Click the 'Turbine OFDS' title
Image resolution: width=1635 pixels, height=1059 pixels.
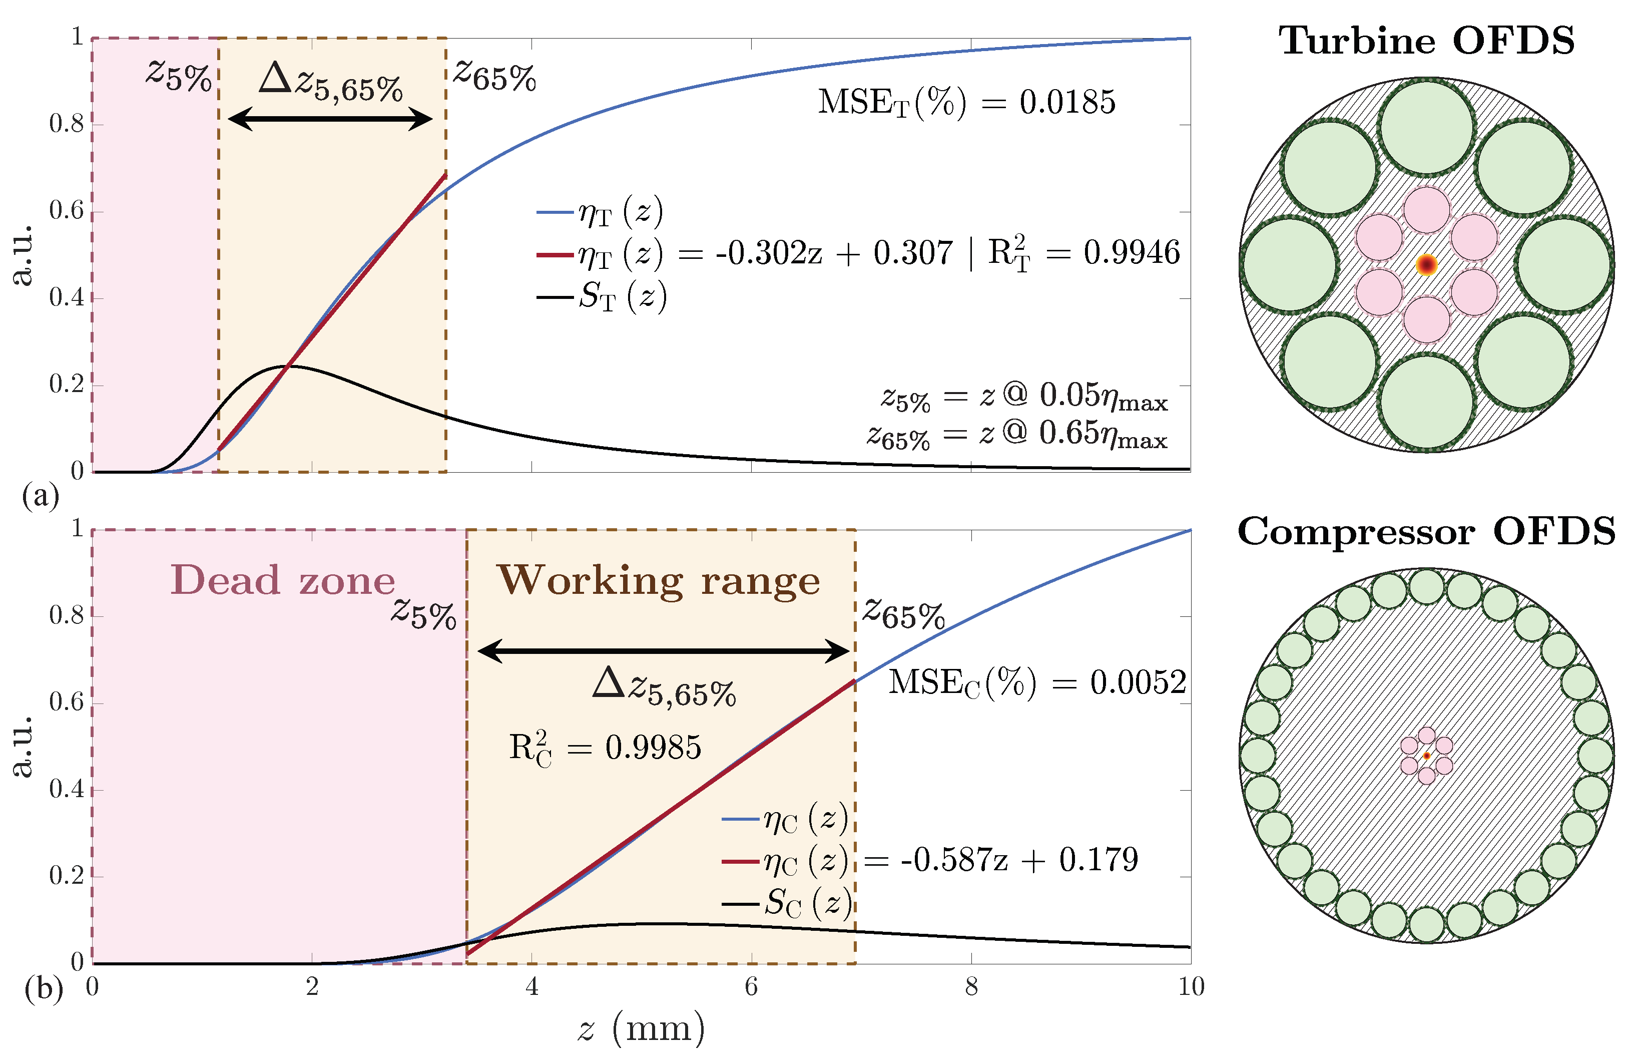1426,41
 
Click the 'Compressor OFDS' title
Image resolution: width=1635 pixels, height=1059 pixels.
1426,532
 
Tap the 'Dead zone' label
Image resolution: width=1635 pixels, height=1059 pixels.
282,581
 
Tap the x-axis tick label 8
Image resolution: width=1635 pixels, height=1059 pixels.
971,987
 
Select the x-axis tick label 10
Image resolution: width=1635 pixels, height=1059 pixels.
1191,987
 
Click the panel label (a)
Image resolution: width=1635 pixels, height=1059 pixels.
41,495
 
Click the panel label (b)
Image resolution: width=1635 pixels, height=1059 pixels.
43,989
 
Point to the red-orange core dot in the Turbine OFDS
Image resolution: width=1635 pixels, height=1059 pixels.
1427,264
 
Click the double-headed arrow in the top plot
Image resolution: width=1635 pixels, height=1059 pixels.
330,120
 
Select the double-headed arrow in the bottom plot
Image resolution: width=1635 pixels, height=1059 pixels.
664,651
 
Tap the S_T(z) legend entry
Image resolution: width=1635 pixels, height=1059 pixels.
602,297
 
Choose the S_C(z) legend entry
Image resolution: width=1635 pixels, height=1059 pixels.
787,903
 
